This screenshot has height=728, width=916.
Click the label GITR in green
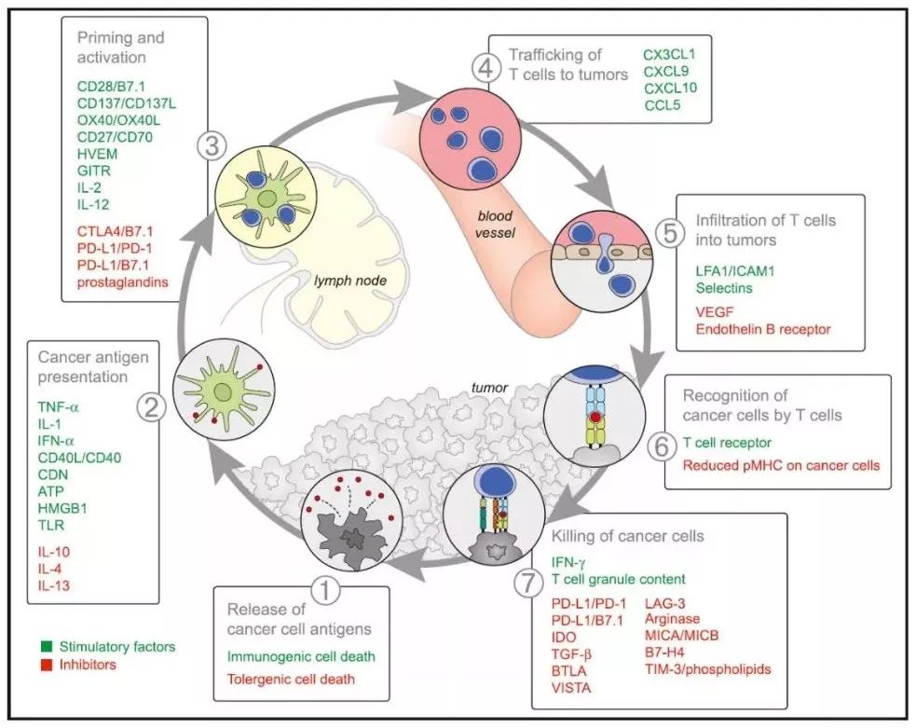pyautogui.click(x=92, y=171)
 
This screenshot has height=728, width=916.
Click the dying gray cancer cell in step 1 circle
pyautogui.click(x=350, y=539)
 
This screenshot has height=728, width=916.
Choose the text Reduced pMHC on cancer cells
pyautogui.click(x=781, y=465)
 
